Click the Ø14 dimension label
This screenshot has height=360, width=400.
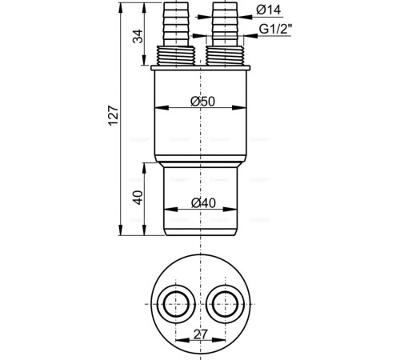[x=269, y=10]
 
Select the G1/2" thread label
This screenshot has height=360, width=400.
[x=275, y=29]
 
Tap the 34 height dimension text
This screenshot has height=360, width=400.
[x=138, y=36]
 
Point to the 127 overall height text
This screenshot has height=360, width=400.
[x=114, y=115]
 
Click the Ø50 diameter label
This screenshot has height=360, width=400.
[x=202, y=102]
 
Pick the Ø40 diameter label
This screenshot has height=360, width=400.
[x=203, y=203]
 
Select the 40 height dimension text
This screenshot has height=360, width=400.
[x=138, y=198]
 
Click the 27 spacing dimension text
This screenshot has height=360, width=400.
[x=200, y=334]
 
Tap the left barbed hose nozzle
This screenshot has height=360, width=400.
[x=176, y=24]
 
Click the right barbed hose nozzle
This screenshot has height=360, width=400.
[x=225, y=24]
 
